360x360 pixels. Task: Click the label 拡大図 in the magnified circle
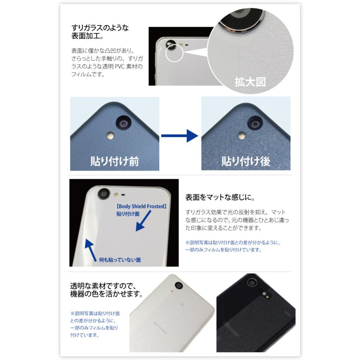click(x=250, y=82)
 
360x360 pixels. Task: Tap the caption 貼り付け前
click(x=115, y=160)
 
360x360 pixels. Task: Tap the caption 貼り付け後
click(x=246, y=160)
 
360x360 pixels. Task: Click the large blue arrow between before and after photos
click(x=180, y=136)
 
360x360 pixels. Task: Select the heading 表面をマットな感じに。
click(x=220, y=198)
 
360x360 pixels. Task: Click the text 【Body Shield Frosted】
click(x=141, y=206)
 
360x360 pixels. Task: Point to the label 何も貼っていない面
click(x=120, y=260)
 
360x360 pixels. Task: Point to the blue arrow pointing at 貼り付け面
click(x=143, y=221)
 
